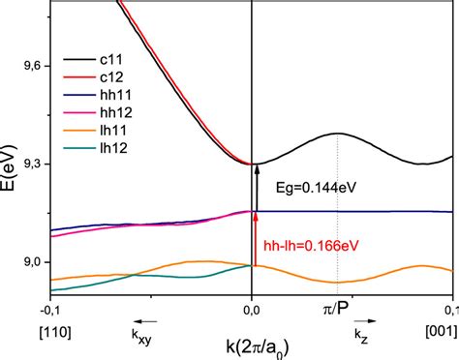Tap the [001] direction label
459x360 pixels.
tap(438, 332)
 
